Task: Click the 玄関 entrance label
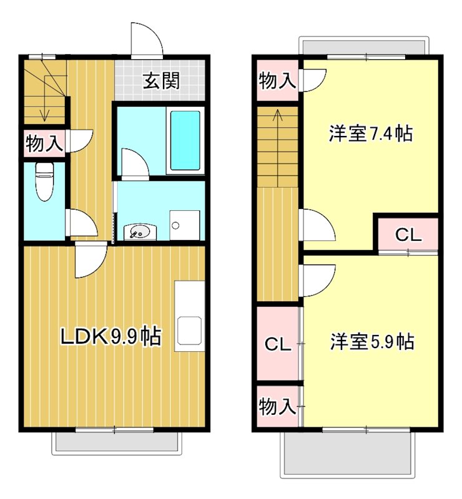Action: pyautogui.click(x=162, y=81)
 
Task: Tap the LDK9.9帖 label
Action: pyautogui.click(x=110, y=337)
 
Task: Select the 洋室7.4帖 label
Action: pyautogui.click(x=370, y=133)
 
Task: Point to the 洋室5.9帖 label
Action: pyautogui.click(x=371, y=342)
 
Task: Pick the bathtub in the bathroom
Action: pyautogui.click(x=185, y=140)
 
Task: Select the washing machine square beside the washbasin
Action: pyautogui.click(x=185, y=225)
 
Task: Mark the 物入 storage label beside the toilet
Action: pyautogui.click(x=44, y=144)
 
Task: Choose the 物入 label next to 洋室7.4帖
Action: pyautogui.click(x=277, y=80)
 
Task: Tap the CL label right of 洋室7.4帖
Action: pyautogui.click(x=408, y=235)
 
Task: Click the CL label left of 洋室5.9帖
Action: pyautogui.click(x=278, y=344)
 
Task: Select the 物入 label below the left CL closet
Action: pyautogui.click(x=277, y=407)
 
